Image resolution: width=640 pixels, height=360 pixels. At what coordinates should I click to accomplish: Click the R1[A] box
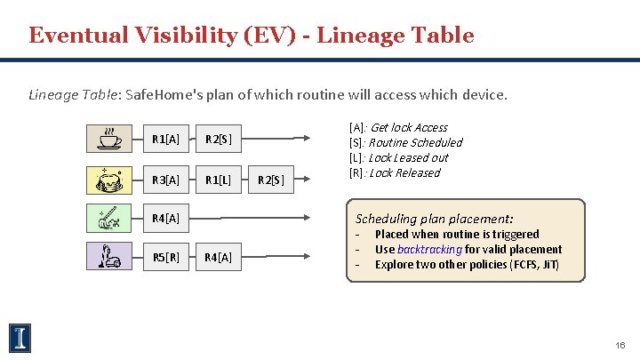click(x=165, y=139)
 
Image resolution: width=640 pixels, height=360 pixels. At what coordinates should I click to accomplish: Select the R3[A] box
click(x=165, y=180)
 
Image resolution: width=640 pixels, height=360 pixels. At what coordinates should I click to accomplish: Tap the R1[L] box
click(x=219, y=180)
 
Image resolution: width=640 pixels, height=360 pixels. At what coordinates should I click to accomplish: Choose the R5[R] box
click(x=165, y=258)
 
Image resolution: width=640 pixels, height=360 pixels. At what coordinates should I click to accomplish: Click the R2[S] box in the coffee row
click(x=219, y=139)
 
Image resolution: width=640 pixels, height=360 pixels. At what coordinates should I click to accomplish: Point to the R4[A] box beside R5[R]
click(x=219, y=258)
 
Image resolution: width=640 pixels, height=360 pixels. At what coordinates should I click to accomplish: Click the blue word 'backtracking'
click(x=428, y=250)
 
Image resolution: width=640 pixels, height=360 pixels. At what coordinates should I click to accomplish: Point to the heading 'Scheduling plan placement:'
click(x=434, y=219)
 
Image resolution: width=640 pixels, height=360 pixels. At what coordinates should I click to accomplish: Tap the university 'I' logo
click(x=20, y=337)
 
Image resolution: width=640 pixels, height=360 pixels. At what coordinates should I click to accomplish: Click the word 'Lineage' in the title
click(x=364, y=36)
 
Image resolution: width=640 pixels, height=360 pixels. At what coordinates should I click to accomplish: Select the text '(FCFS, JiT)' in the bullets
click(x=531, y=265)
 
